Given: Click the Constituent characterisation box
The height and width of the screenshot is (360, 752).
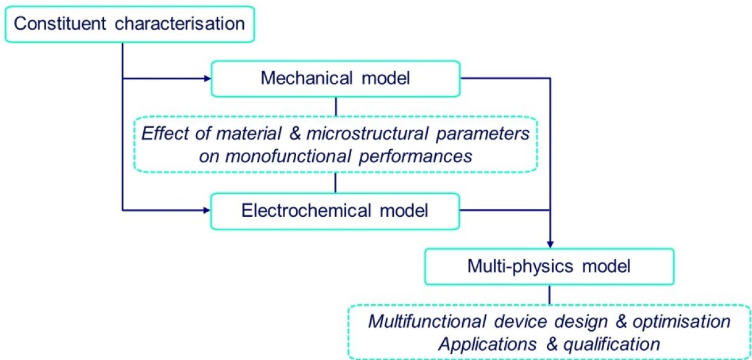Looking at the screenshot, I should [129, 24].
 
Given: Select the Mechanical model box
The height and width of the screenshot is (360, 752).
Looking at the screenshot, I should [336, 78].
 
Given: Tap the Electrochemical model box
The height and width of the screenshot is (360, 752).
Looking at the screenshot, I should [336, 210].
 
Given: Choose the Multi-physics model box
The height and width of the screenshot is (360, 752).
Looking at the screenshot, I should [549, 266].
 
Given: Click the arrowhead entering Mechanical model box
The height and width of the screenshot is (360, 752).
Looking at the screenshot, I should [207, 78].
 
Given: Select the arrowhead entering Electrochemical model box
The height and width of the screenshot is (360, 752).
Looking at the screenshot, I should [207, 210].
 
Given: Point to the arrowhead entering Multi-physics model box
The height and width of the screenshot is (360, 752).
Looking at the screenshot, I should [550, 243].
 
